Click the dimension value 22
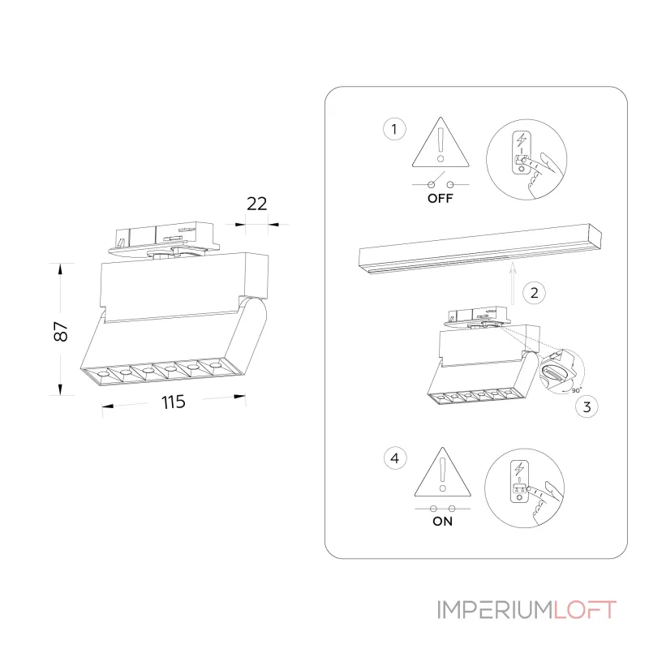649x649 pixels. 256,204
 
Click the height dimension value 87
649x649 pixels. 60,331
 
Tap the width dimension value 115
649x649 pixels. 173,402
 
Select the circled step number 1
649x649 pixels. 394,129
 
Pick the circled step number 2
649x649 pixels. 535,293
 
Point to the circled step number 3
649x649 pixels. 587,407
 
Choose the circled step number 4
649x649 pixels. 395,458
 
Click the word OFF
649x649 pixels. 440,198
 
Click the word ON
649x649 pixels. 442,521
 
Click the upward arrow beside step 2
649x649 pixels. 513,283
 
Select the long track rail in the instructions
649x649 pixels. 480,248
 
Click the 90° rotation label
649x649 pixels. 577,390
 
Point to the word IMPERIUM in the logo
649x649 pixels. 495,610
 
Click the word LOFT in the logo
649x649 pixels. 585,610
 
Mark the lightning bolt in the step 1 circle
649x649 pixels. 522,140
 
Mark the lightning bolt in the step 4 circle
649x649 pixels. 519,469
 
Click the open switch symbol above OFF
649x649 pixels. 441,182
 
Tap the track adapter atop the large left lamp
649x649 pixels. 164,240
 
